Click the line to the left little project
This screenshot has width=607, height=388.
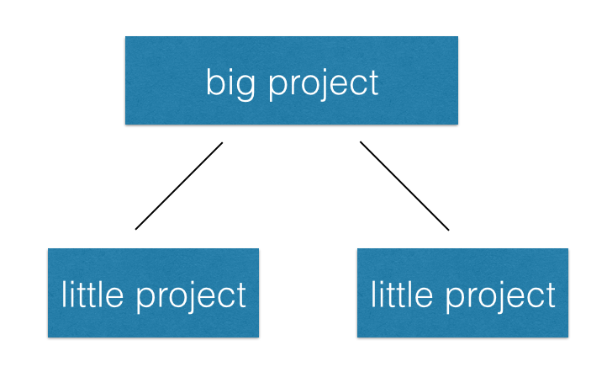pos(178,186)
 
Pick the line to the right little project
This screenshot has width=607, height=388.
pos(404,186)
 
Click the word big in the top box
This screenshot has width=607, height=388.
pos(228,82)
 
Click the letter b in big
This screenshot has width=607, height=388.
pos(214,82)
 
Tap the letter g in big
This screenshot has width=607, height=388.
pos(243,86)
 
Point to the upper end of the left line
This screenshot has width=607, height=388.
pos(222,143)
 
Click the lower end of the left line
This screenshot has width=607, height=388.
pos(135,229)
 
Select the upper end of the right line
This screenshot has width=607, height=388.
pos(361,142)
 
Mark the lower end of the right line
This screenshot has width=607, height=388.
pos(448,230)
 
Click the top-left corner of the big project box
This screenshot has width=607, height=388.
pos(126,37)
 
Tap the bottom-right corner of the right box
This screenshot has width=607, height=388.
pos(567,337)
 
